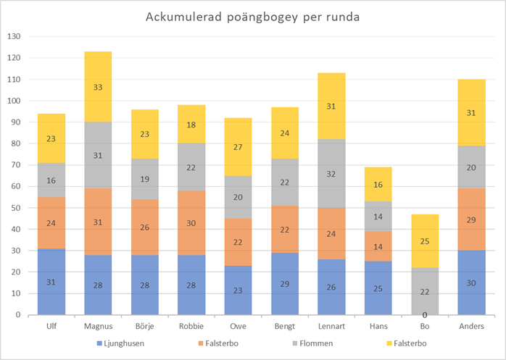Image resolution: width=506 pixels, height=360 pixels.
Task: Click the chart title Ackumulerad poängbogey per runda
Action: (x=253, y=17)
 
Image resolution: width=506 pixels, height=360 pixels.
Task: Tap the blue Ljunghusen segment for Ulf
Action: (x=51, y=281)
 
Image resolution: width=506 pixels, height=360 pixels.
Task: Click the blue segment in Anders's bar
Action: (x=470, y=282)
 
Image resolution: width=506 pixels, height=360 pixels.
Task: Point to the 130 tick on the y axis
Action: (x=14, y=36)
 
